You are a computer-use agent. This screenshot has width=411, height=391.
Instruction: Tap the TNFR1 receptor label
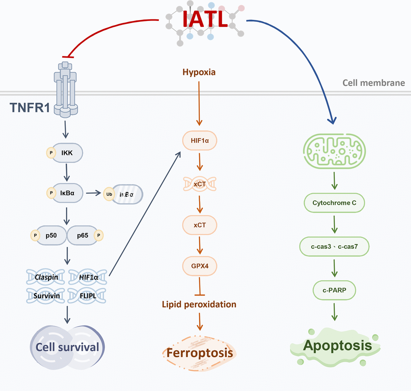(x=29, y=107)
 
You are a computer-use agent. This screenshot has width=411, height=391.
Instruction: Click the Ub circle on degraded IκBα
(x=108, y=193)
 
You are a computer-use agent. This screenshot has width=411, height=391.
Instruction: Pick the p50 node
(x=51, y=234)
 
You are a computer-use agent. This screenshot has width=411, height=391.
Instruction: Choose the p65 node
(x=83, y=234)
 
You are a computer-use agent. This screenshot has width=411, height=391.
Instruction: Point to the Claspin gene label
(x=46, y=277)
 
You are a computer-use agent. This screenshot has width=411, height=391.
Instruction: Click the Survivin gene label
(x=46, y=296)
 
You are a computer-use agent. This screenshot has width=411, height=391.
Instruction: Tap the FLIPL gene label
(x=87, y=296)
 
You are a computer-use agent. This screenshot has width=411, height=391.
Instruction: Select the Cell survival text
(x=67, y=347)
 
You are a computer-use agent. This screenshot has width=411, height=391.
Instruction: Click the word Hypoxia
(x=199, y=73)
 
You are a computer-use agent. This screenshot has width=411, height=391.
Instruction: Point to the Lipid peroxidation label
(x=199, y=304)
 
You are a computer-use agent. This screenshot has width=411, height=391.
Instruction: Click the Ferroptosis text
(x=200, y=353)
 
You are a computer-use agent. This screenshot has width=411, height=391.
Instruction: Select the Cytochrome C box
(x=334, y=203)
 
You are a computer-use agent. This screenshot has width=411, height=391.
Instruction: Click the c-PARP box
(x=334, y=290)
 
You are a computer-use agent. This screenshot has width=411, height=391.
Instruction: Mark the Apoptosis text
(x=337, y=345)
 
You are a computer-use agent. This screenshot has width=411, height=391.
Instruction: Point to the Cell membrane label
(x=374, y=83)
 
